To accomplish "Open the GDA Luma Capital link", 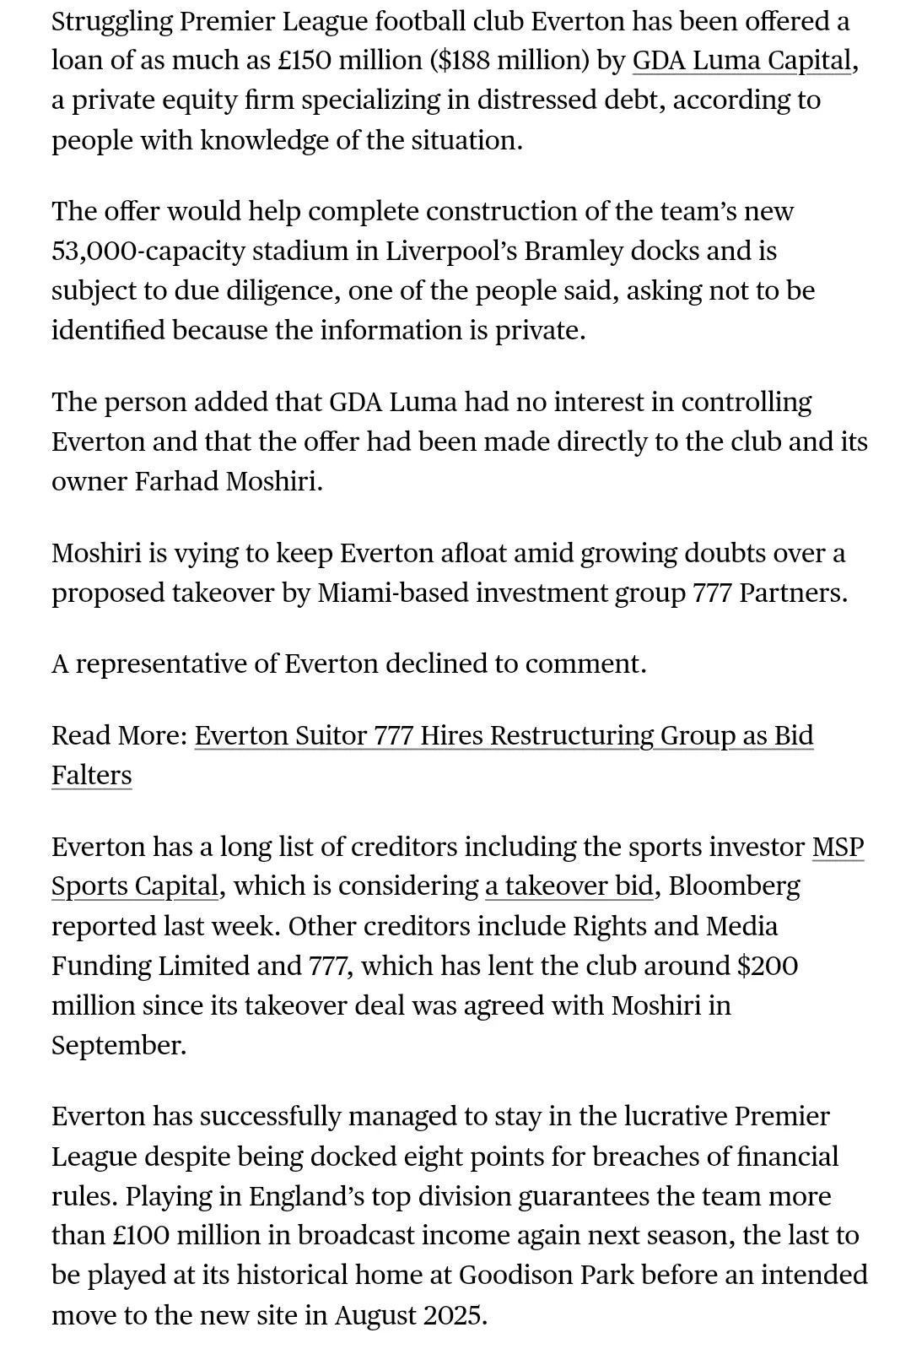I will pos(741,61).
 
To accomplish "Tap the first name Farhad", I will pos(177,481).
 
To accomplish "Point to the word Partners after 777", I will pos(793,593).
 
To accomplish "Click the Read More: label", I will pos(119,735).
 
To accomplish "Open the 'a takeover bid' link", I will pos(569,886).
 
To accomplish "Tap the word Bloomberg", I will pos(735,886).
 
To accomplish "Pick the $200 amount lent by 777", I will pos(767,965).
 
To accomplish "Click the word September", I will pos(118,1045).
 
